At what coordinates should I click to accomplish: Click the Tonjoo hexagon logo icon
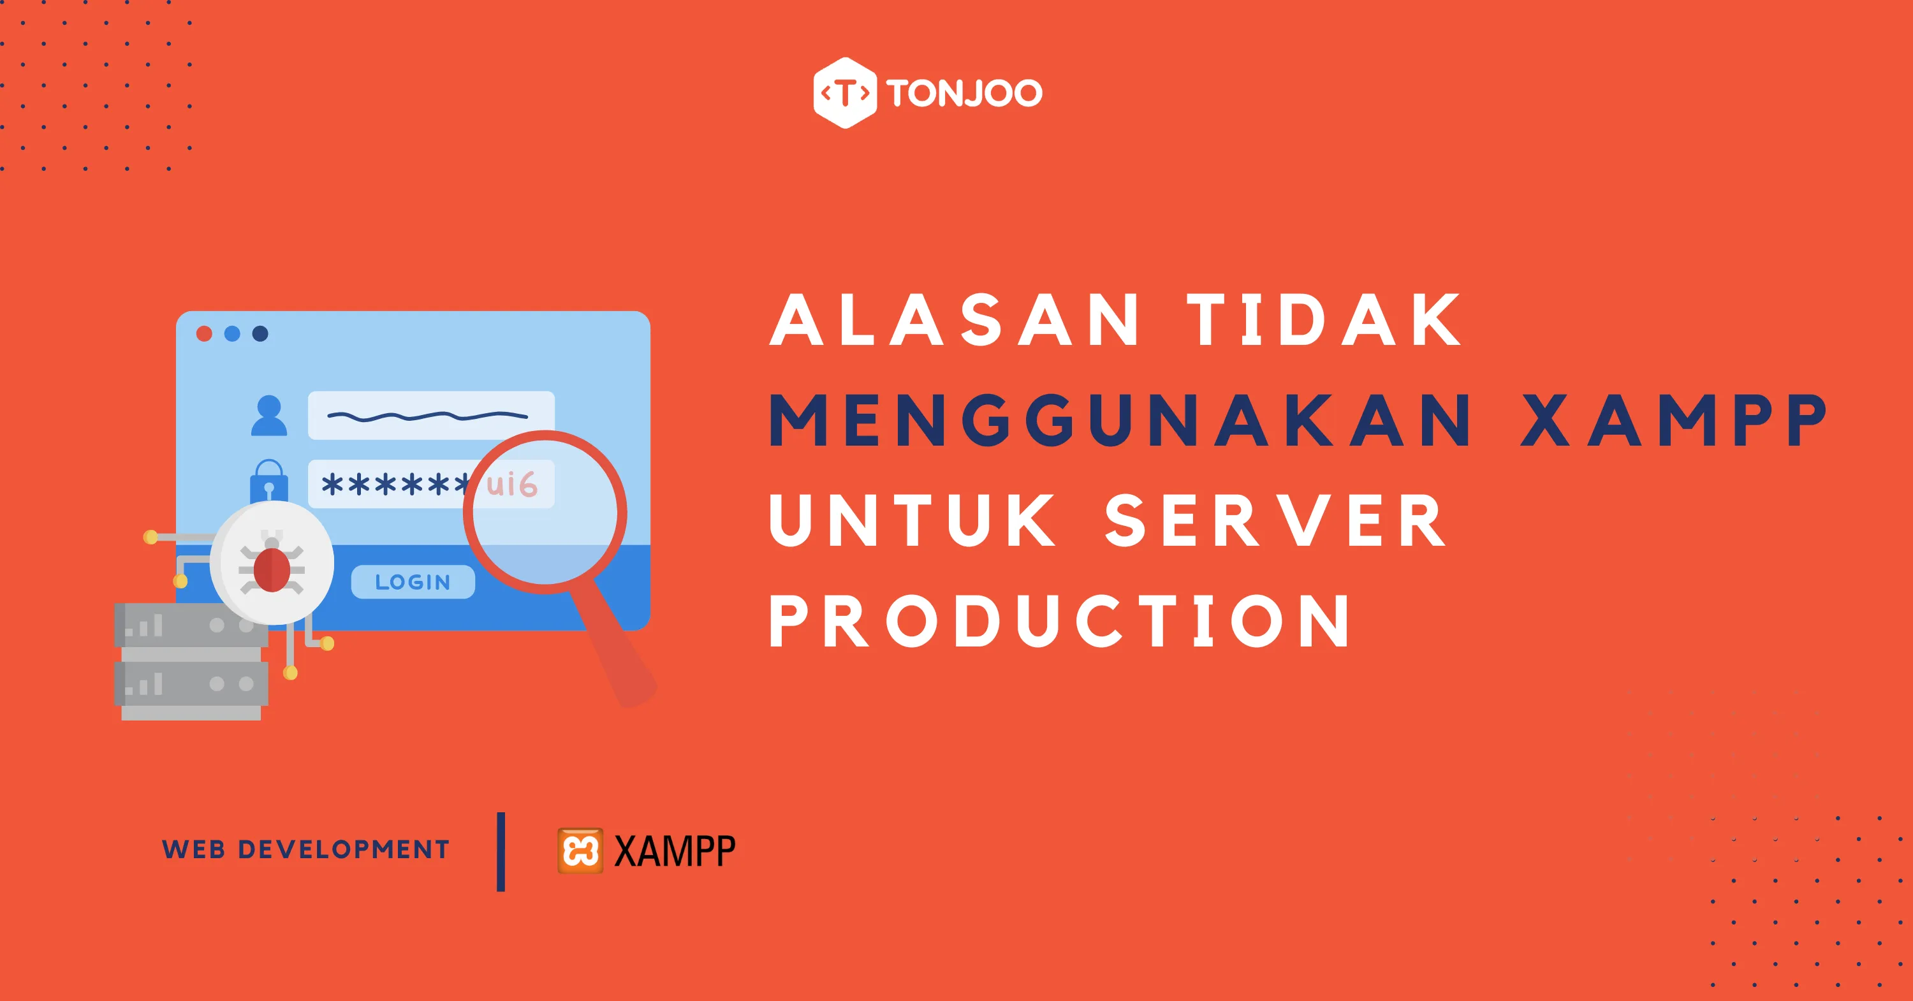click(845, 93)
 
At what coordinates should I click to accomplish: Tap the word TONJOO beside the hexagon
click(964, 94)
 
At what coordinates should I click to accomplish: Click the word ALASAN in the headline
click(955, 320)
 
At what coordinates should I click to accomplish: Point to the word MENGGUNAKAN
click(1120, 420)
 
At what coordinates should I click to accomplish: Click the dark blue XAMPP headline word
click(1673, 420)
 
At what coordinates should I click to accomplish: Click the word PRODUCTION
click(1060, 621)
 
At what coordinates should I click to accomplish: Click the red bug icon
click(272, 568)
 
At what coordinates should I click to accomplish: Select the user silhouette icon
click(269, 415)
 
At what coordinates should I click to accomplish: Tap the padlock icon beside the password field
click(269, 481)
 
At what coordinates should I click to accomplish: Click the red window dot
click(204, 333)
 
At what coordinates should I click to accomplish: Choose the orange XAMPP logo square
click(580, 851)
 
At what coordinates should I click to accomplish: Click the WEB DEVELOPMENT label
click(306, 849)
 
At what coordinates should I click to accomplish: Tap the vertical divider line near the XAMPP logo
click(501, 852)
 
